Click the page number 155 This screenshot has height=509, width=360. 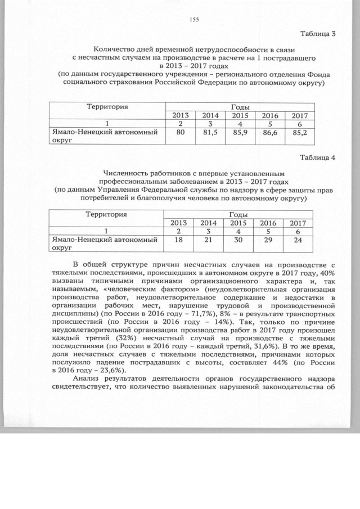pos(195,20)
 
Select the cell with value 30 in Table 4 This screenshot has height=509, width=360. pos(239,241)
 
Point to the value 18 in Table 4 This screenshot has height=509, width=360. pos(178,241)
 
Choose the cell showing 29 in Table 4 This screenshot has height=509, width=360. pos(269,241)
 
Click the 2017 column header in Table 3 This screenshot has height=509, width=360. pos(299,116)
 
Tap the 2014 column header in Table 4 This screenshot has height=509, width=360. pos(209,223)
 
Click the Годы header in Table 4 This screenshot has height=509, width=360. pos(239,214)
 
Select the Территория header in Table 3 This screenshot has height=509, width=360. pos(107,106)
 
